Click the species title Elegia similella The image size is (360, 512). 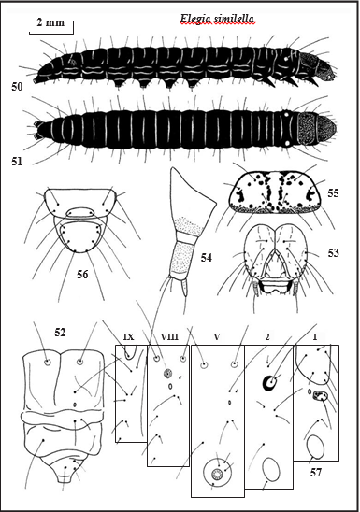pos(217,20)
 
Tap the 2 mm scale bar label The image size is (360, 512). pos(50,22)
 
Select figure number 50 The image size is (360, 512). pos(17,87)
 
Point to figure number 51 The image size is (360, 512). pos(17,161)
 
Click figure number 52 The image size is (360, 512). pos(60,332)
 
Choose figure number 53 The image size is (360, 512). pos(333,253)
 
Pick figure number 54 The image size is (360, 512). pos(207,258)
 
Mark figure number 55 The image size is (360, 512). pos(333,193)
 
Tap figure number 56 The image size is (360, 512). pos(82,275)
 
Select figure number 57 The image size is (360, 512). pos(316,472)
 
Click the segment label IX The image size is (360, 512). pos(129,336)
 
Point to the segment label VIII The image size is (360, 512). pos(169,336)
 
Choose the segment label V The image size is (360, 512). pos(217,336)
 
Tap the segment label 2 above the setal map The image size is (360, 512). pos(267,337)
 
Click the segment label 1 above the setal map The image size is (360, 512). pos(315,337)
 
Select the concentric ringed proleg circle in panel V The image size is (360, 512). pos(217,473)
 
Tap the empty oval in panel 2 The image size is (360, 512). pos(271,469)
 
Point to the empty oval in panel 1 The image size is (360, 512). pos(315,447)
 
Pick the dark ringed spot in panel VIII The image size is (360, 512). pos(168,373)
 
